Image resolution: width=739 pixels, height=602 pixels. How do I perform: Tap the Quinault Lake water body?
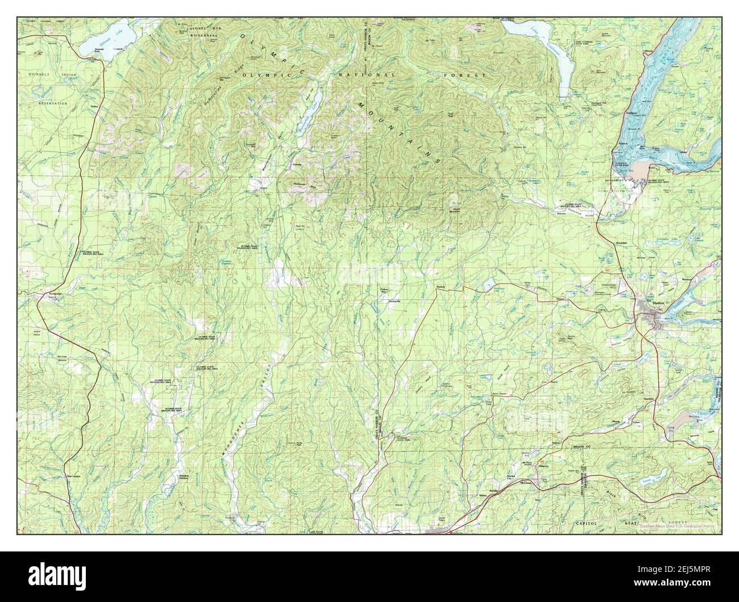pyautogui.click(x=108, y=40)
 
